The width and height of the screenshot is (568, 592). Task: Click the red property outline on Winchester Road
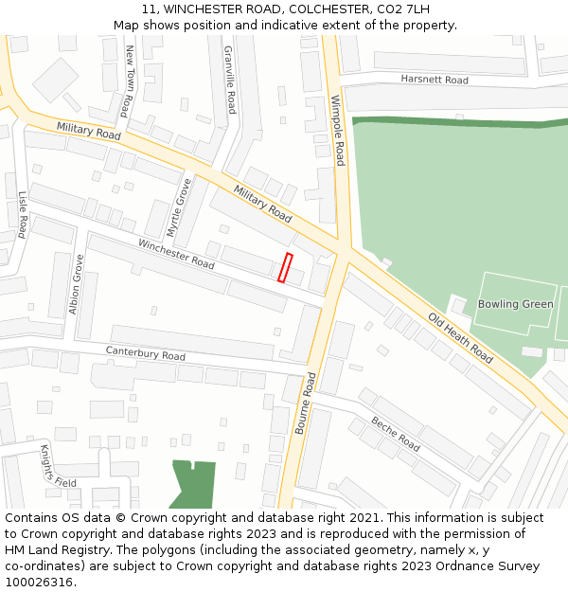(285, 267)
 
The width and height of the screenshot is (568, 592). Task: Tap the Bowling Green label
(515, 304)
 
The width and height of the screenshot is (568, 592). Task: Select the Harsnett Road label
(434, 80)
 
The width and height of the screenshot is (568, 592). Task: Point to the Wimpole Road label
(338, 130)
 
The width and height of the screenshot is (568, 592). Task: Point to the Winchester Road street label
(176, 252)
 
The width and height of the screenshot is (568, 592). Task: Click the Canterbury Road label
(145, 353)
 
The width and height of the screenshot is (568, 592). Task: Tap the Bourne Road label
(305, 403)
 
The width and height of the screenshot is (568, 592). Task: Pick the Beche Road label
(395, 434)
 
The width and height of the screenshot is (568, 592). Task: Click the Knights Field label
(57, 466)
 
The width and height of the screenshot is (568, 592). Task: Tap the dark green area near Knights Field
(193, 483)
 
